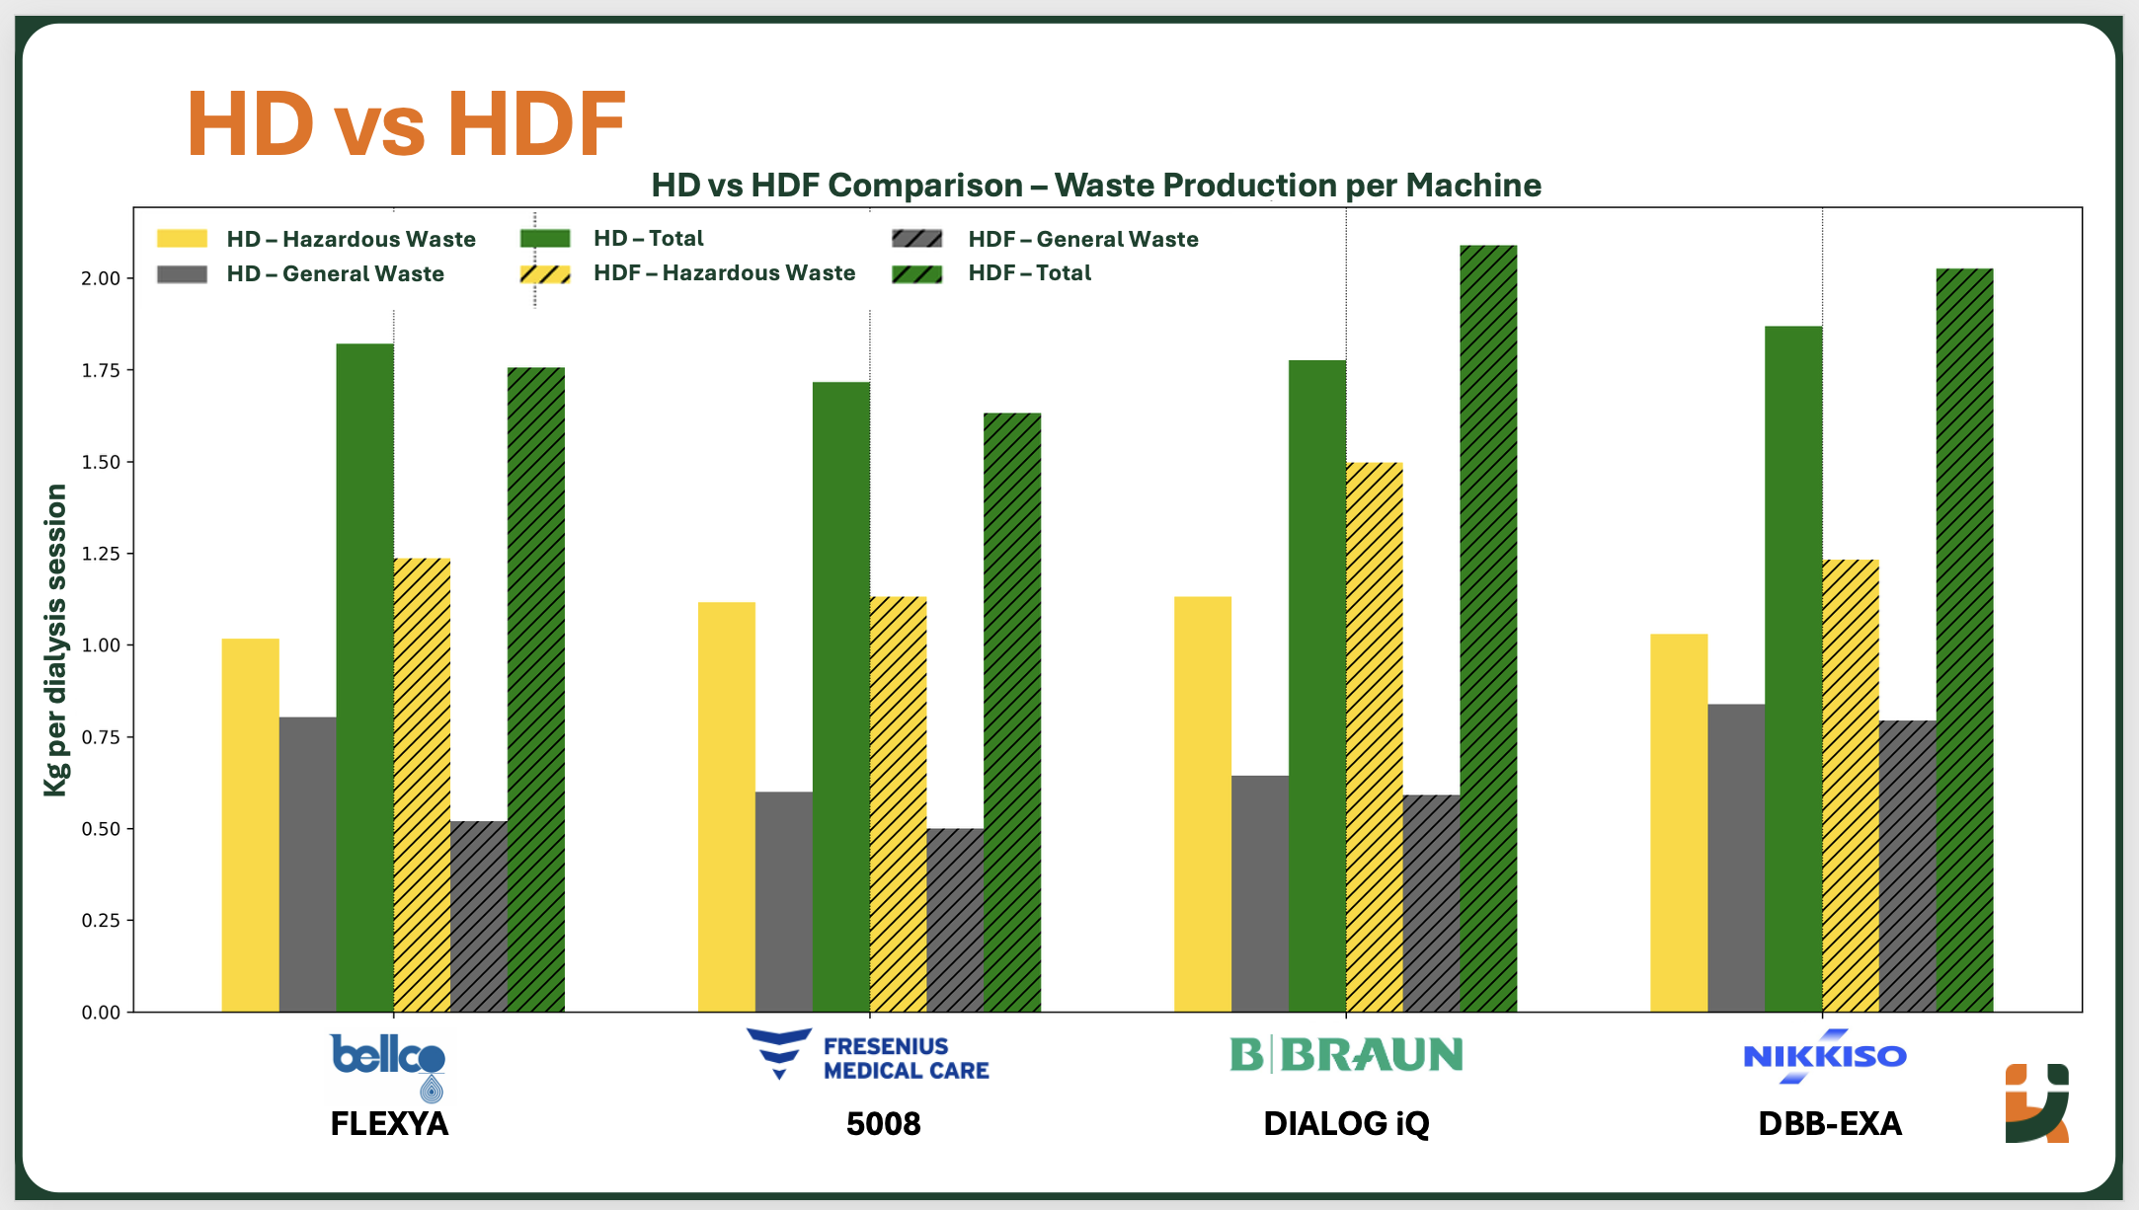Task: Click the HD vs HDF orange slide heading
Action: pyautogui.click(x=406, y=124)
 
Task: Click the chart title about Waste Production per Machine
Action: pyautogui.click(x=1095, y=185)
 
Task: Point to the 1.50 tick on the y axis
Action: pyautogui.click(x=101, y=462)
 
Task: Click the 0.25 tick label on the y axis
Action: pyautogui.click(x=101, y=921)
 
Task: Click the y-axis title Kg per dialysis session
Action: pyautogui.click(x=56, y=640)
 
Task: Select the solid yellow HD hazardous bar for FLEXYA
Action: pyautogui.click(x=250, y=824)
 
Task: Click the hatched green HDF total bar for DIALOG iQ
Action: pyautogui.click(x=1488, y=628)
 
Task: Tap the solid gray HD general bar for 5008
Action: pyautogui.click(x=783, y=901)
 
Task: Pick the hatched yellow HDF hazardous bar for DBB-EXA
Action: pyautogui.click(x=1850, y=785)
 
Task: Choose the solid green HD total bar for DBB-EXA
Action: pyautogui.click(x=1793, y=668)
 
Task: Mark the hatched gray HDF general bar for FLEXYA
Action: pyautogui.click(x=479, y=916)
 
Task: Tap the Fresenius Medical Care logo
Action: pyautogui.click(x=867, y=1055)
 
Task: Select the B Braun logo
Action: pyautogui.click(x=1346, y=1055)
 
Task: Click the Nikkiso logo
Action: pyautogui.click(x=1824, y=1056)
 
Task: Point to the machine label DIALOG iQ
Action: pyautogui.click(x=1346, y=1123)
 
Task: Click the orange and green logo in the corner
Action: pyautogui.click(x=2036, y=1102)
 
